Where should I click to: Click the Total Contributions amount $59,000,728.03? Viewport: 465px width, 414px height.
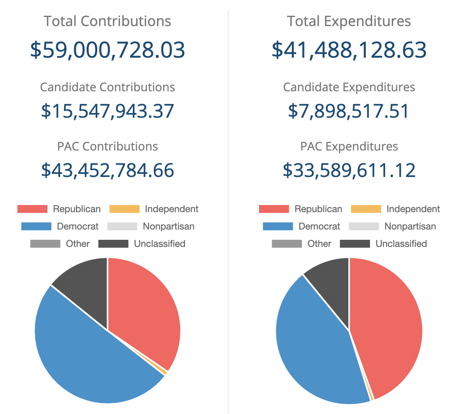108,50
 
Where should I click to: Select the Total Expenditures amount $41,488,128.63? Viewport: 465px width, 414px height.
349,50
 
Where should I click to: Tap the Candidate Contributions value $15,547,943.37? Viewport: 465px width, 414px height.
108,111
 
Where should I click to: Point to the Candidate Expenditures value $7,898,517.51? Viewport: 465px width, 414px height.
349,111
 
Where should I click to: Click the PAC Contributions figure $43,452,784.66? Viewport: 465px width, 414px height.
108,170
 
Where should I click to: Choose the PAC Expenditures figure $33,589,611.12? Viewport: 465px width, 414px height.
349,170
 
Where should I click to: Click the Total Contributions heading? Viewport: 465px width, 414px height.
108,21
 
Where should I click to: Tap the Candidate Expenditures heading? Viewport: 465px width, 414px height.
349,87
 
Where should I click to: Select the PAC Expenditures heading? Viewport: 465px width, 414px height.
349,147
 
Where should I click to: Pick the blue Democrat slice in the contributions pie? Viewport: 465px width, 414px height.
87,356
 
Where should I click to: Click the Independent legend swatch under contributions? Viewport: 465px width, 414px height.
124,209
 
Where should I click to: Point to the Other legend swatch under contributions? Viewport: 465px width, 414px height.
45,244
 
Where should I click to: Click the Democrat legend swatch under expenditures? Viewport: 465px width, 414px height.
278,226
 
